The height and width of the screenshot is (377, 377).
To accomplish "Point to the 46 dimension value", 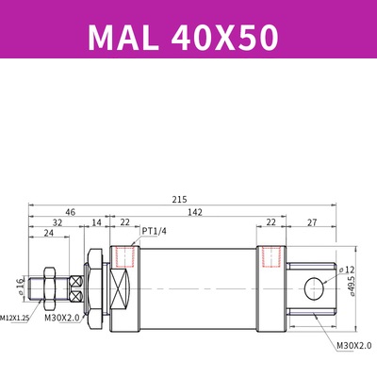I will pyautogui.click(x=70, y=213).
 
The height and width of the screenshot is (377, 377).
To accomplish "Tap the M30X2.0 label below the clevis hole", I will pyautogui.click(x=354, y=346).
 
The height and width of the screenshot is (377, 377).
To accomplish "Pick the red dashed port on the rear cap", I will pyautogui.click(x=270, y=256).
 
